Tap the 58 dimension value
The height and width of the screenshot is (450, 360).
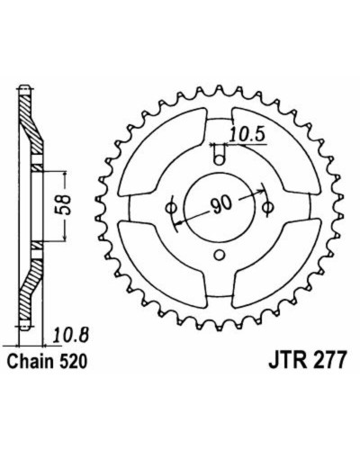pos(64,205)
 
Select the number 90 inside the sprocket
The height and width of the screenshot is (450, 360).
pos(221,203)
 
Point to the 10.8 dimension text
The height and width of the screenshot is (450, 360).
pos(71,336)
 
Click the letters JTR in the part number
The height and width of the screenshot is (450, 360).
pos(285,361)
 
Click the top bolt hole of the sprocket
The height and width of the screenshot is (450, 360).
pos(220,159)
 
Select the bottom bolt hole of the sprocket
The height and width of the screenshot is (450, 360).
pos(220,256)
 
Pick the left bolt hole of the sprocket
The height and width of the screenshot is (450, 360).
pos(172,207)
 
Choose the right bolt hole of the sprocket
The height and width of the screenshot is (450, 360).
pos(268,207)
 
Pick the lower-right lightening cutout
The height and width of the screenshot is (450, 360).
pos(276,264)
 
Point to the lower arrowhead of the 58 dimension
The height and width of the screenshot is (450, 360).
pos(65,238)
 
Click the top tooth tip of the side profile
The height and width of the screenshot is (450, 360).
pos(25,87)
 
